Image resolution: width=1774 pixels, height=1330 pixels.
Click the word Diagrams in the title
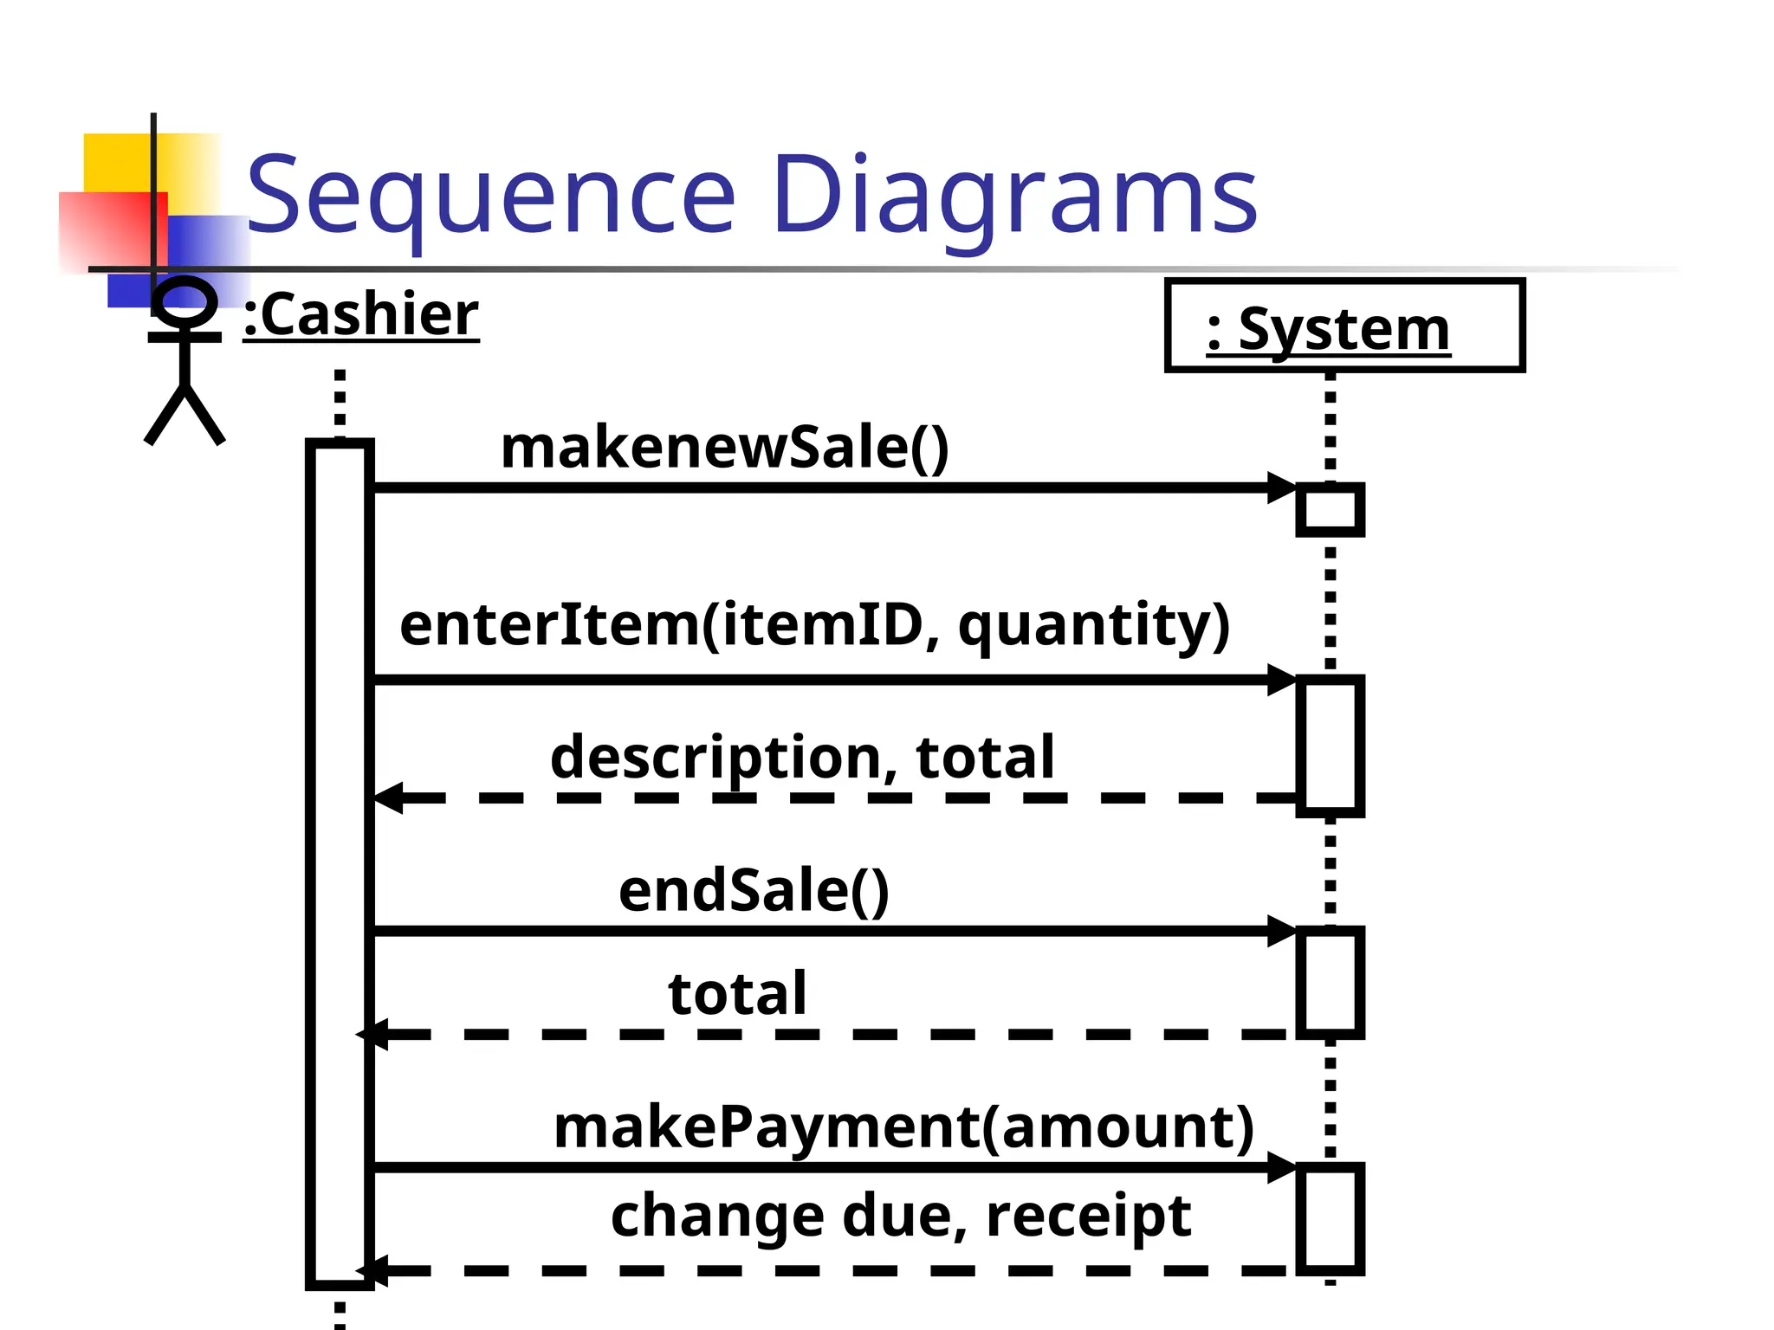(1013, 196)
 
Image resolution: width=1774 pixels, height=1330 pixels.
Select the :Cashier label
(360, 315)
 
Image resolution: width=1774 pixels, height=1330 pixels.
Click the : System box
(1343, 326)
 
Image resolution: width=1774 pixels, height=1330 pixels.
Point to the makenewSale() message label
(725, 449)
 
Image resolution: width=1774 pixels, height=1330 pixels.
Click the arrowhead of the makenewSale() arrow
(1282, 487)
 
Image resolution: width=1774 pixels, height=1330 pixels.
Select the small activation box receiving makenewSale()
(1330, 510)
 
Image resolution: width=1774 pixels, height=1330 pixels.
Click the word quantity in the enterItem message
(1093, 625)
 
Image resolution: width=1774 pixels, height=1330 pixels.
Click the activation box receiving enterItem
(1330, 746)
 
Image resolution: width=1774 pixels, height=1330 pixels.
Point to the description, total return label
(802, 758)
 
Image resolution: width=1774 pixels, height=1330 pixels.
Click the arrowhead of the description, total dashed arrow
(388, 797)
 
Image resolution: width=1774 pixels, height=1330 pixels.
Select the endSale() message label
(754, 891)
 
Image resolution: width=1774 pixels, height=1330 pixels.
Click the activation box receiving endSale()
(1330, 982)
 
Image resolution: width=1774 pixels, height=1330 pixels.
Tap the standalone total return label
(737, 994)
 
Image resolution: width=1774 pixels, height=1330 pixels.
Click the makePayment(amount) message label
(903, 1127)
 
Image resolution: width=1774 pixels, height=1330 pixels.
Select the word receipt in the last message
(1089, 1216)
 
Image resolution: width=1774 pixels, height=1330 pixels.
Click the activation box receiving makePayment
(1330, 1218)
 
